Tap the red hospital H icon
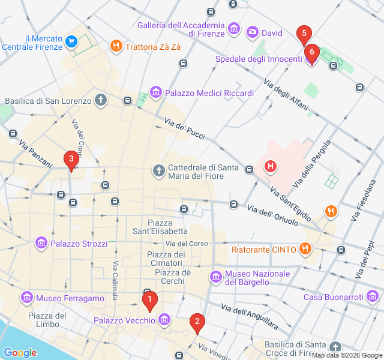click(270, 166)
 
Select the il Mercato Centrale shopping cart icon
click(72, 41)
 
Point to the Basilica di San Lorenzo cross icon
click(101, 100)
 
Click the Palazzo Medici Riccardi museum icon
click(156, 92)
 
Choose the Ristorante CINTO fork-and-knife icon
click(305, 249)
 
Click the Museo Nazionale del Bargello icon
click(215, 277)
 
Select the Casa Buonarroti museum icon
click(373, 296)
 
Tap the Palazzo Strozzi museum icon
click(41, 243)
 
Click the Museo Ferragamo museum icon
click(26, 298)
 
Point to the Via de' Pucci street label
click(185, 130)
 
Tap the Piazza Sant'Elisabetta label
click(160, 226)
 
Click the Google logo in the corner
click(20, 353)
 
